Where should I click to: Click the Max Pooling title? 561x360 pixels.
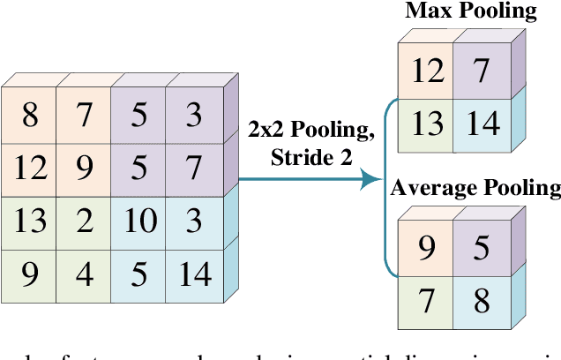click(x=471, y=12)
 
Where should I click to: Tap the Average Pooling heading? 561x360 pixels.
click(x=475, y=188)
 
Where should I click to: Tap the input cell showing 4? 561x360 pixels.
click(x=84, y=274)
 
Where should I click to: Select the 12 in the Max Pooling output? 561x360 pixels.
click(x=428, y=71)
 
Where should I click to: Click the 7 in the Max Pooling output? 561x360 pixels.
click(x=481, y=71)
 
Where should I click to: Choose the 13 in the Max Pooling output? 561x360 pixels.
click(x=428, y=124)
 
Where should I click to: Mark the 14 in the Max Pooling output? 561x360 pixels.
click(x=481, y=124)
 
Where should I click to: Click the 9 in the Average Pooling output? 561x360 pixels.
click(x=428, y=250)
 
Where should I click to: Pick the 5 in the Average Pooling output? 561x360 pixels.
click(x=481, y=250)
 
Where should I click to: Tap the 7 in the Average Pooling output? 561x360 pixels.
click(x=428, y=303)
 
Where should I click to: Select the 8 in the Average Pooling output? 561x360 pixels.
click(x=481, y=303)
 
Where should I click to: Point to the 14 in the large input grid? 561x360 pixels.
click(x=192, y=274)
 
